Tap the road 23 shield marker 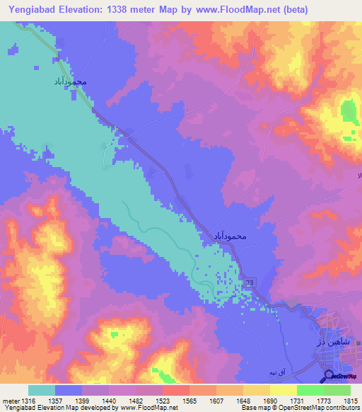tap(250, 283)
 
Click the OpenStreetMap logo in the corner tap(340, 375)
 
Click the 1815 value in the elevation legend tap(351, 401)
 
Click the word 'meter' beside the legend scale tap(10, 401)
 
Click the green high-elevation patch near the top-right tap(348, 113)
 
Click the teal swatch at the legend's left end tap(42, 390)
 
